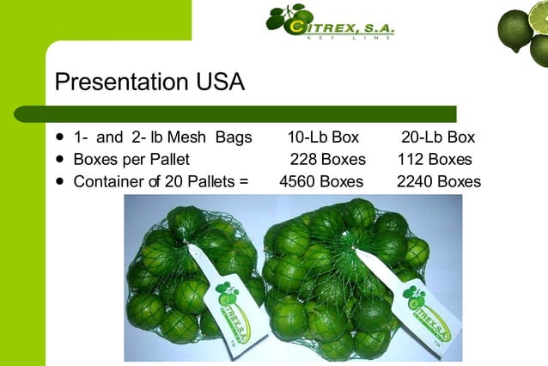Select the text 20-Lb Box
click(x=438, y=137)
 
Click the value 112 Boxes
click(x=435, y=160)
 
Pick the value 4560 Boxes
click(x=321, y=182)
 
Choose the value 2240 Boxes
click(x=438, y=182)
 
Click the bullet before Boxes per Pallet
click(x=59, y=159)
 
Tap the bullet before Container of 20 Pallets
click(x=59, y=181)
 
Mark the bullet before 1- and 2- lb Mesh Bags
click(x=59, y=137)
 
